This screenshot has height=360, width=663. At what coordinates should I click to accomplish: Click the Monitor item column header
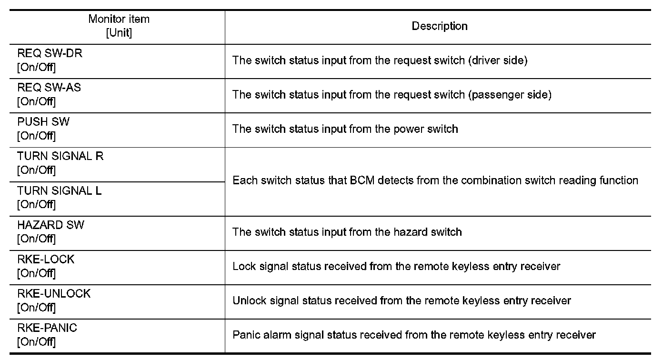[x=119, y=20]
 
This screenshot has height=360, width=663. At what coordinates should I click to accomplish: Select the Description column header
[x=439, y=26]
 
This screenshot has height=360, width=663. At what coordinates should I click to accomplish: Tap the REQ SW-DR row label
[x=50, y=53]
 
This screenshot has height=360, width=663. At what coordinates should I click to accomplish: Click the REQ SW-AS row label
[x=49, y=88]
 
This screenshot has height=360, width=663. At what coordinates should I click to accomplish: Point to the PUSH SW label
[x=43, y=122]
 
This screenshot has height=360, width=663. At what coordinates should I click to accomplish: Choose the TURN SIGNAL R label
[x=60, y=156]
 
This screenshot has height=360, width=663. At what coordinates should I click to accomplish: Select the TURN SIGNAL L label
[x=59, y=190]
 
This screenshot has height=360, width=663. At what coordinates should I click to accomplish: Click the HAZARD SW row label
[x=50, y=225]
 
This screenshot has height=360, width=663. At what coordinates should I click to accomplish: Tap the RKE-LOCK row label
[x=46, y=259]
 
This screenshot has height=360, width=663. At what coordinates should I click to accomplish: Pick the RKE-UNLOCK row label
[x=53, y=293]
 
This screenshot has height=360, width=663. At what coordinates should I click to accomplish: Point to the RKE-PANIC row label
[x=47, y=328]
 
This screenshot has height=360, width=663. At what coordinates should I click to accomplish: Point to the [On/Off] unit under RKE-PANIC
[x=36, y=342]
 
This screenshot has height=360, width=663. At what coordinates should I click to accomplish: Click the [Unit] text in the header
[x=119, y=33]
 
